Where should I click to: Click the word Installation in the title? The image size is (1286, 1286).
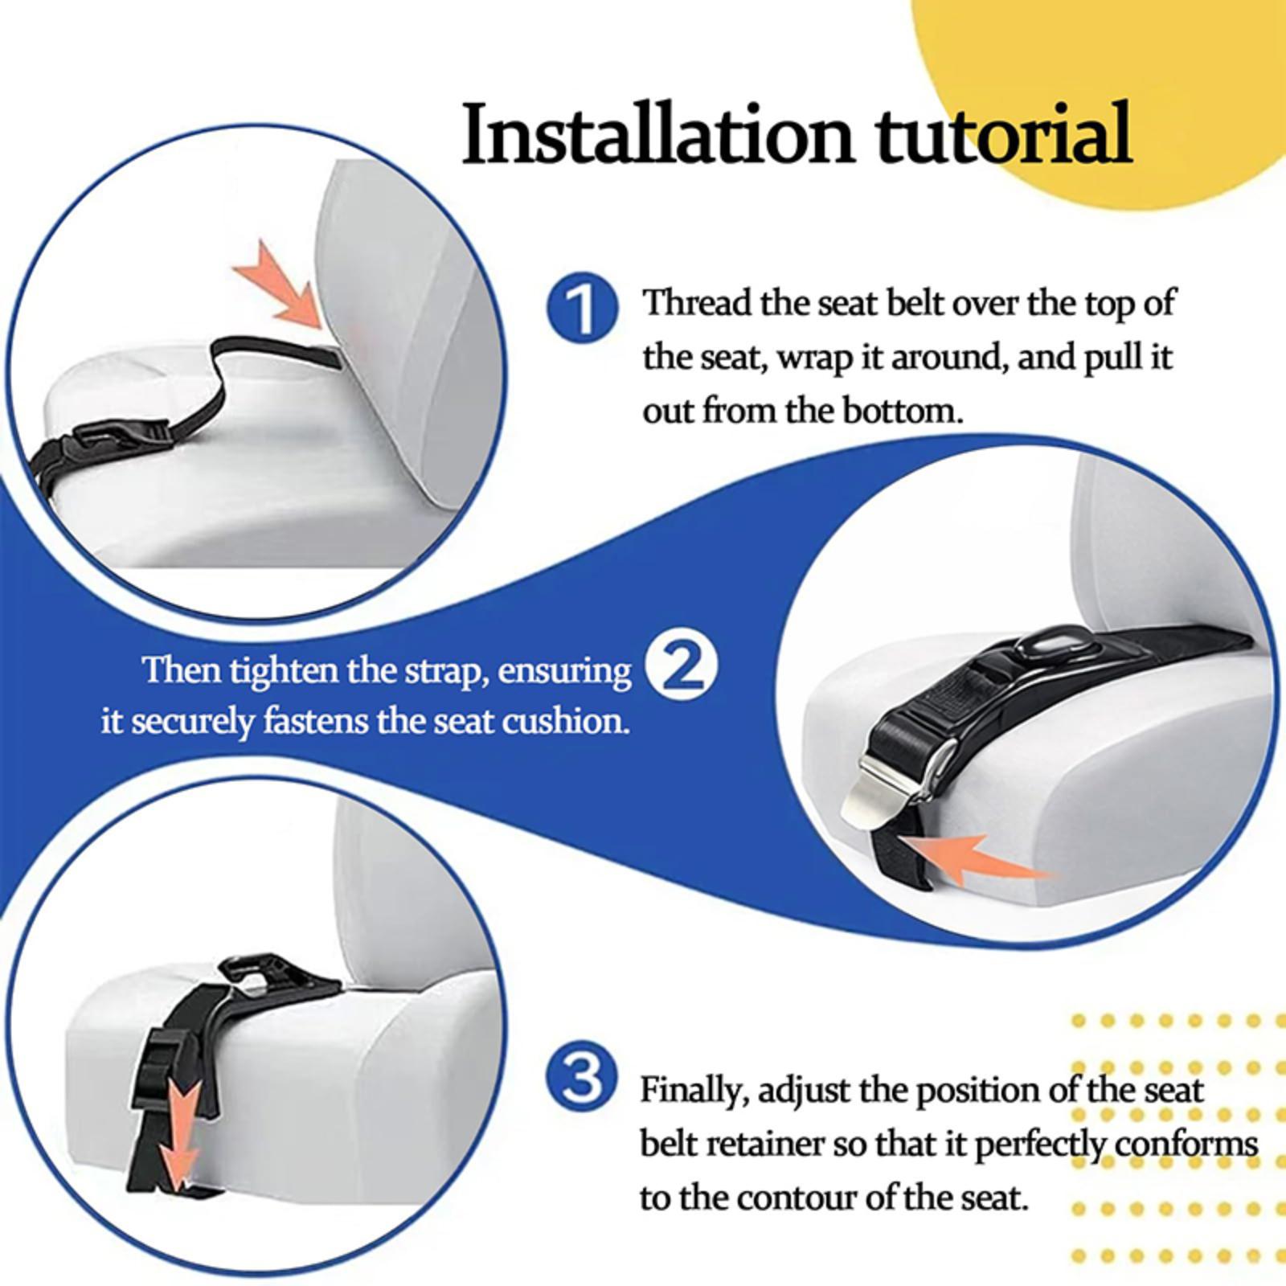[x=657, y=133]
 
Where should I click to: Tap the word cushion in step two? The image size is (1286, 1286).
[x=566, y=720]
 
